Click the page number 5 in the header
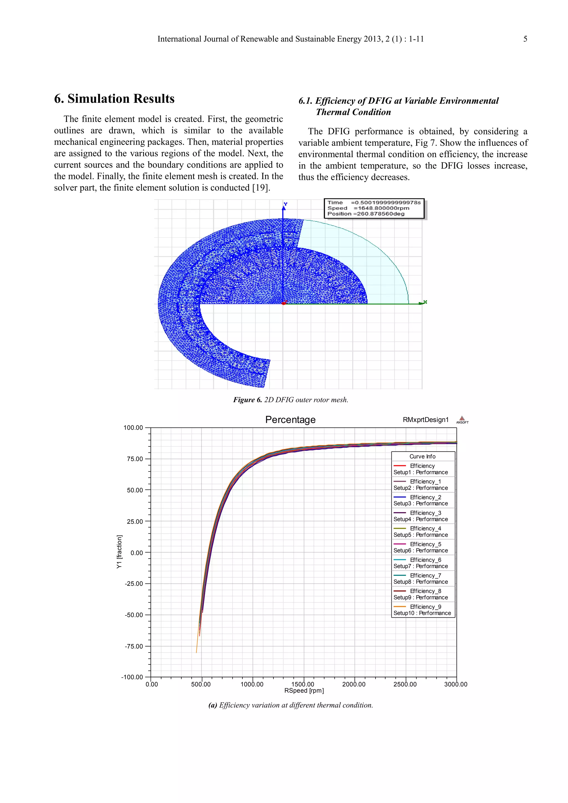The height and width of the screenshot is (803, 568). [525, 39]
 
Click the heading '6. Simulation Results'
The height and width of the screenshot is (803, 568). [114, 99]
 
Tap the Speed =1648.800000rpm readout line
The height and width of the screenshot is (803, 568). [368, 208]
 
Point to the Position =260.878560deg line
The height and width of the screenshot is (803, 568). [366, 214]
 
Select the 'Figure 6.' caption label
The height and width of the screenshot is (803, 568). [247, 400]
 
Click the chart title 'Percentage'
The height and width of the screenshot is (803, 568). [290, 420]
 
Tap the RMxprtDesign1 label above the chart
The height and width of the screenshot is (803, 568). [425, 420]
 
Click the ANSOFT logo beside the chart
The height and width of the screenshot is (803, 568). [462, 420]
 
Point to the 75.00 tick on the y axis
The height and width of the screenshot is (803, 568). [135, 459]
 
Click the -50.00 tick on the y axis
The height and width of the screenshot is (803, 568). [134, 615]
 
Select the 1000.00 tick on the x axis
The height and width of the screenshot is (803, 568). [252, 684]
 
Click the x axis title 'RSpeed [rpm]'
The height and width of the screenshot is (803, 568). [304, 691]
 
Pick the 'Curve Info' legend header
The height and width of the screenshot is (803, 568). [422, 456]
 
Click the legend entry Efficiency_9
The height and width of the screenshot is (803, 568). [425, 607]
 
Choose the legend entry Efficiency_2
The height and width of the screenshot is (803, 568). [425, 497]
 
